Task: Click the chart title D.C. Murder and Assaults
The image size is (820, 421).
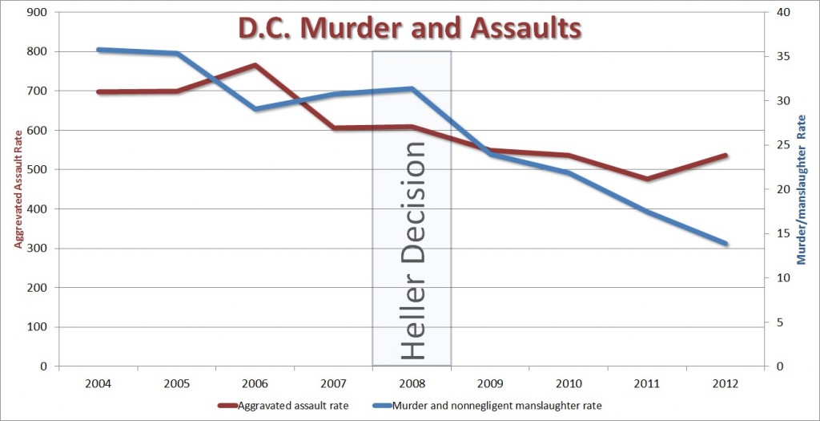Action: tap(410, 29)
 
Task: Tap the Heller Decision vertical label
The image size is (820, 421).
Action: tap(412, 250)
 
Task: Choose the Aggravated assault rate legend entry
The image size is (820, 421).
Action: tap(283, 406)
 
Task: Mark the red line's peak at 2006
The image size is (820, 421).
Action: tap(255, 65)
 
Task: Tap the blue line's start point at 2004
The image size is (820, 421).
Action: tap(98, 50)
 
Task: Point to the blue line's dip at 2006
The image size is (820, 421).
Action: tap(255, 108)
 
